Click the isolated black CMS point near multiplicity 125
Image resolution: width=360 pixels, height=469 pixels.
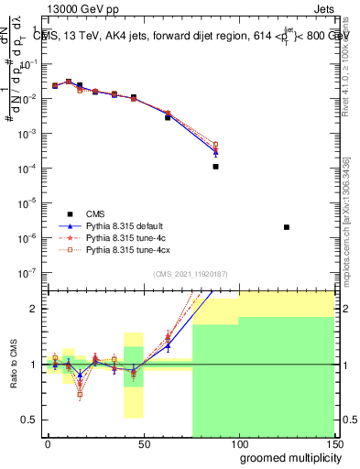click(x=287, y=227)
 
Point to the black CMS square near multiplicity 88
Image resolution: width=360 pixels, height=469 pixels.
click(x=215, y=167)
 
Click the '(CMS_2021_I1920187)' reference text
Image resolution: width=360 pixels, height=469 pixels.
click(x=190, y=273)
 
